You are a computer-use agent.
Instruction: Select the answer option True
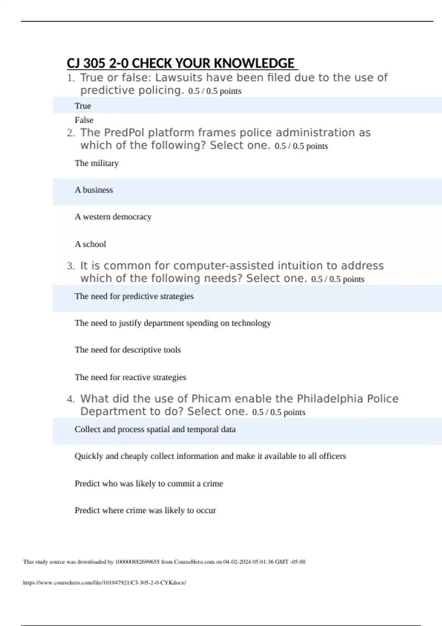(x=83, y=106)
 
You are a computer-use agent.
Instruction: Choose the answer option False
(x=84, y=120)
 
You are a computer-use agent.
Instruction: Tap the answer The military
(x=97, y=163)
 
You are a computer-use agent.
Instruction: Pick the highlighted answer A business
(x=94, y=190)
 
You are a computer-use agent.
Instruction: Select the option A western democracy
(x=113, y=217)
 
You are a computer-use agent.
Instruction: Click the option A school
(x=90, y=244)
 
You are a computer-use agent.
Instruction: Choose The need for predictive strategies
(x=134, y=296)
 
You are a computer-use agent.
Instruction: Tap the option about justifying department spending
(x=173, y=323)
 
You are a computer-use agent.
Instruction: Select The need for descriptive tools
(x=128, y=350)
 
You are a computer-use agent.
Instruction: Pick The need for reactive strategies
(x=130, y=377)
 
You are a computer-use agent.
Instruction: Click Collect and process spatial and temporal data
(x=155, y=429)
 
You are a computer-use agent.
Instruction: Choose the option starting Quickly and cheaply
(x=210, y=456)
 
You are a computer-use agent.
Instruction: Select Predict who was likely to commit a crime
(x=149, y=483)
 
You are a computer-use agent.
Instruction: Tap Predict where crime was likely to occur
(x=145, y=510)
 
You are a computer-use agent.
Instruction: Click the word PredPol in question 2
(x=124, y=133)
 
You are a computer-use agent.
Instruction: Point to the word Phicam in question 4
(x=211, y=399)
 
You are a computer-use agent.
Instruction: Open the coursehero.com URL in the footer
(x=105, y=583)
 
